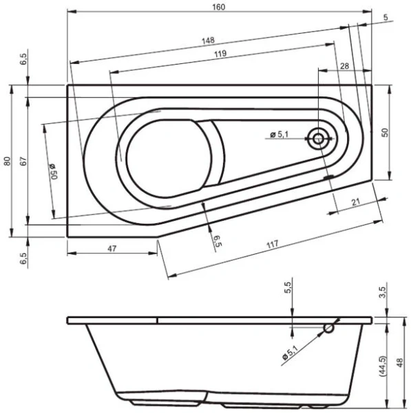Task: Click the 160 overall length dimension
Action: (x=220, y=6)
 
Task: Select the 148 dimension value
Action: (x=208, y=40)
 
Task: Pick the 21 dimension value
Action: (x=356, y=201)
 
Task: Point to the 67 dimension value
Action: (x=23, y=161)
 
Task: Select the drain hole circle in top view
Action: (x=319, y=138)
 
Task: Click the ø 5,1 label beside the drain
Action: (x=282, y=135)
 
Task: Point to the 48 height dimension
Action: (x=401, y=363)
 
